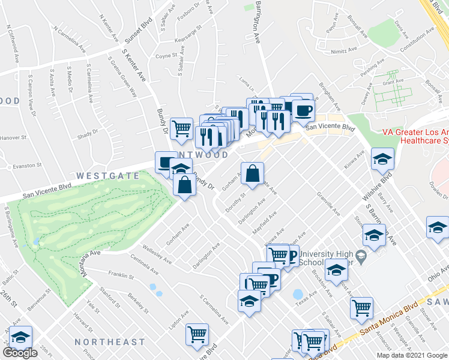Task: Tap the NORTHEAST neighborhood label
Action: click(110, 342)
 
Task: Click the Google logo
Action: click(20, 353)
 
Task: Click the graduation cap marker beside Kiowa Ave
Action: click(382, 160)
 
